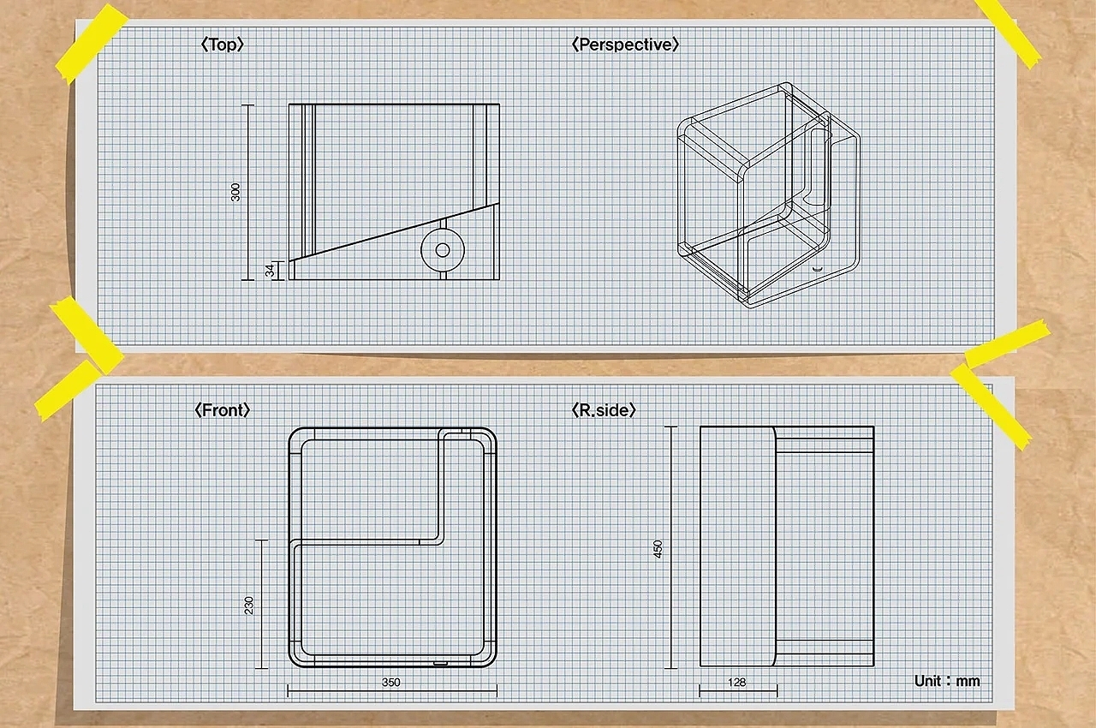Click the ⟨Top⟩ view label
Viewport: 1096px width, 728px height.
coord(222,45)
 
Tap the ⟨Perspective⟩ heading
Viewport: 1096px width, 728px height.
coord(625,45)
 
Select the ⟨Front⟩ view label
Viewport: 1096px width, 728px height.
coord(222,410)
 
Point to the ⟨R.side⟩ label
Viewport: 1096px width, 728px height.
coord(604,410)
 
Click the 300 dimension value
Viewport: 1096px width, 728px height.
coord(235,192)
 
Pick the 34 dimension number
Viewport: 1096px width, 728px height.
coord(270,270)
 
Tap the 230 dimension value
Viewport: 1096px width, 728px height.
coord(249,606)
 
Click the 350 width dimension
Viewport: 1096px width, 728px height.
coord(391,682)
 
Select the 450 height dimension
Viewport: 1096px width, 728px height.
coord(658,549)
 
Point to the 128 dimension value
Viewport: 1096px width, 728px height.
coord(737,682)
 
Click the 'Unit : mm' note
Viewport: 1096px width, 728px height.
coord(947,681)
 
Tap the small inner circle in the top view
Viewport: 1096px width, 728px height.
coord(443,250)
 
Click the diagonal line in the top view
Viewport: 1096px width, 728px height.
coord(395,232)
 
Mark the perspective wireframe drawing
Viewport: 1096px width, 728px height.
coord(768,195)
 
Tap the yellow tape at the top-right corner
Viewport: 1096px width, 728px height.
coord(1008,33)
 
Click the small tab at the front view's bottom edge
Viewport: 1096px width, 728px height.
coord(440,664)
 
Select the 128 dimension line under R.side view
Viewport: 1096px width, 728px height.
coord(738,691)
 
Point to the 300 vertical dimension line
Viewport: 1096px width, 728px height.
coord(248,192)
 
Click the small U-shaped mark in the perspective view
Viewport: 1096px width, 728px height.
coord(816,269)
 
